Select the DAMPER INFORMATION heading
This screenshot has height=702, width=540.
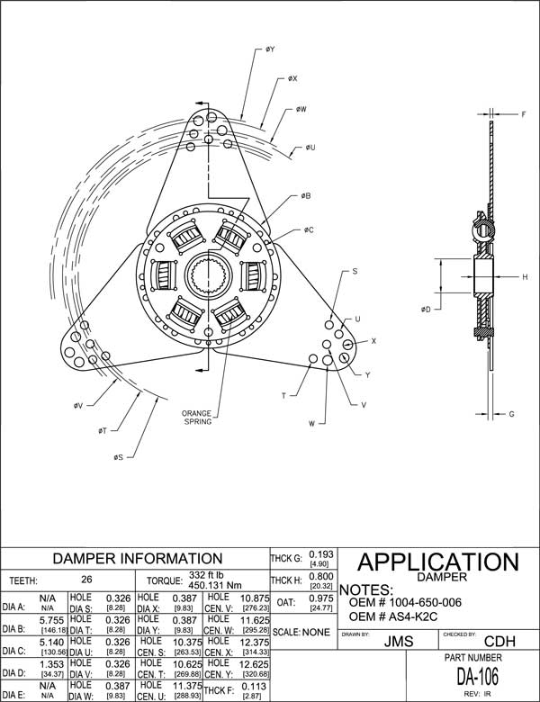click(135, 558)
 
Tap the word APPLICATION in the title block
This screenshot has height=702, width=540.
click(438, 562)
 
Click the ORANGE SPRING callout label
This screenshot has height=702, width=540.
click(197, 417)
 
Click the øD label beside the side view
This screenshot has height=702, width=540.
click(425, 309)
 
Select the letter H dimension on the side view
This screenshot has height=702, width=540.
click(525, 277)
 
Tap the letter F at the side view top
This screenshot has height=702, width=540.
click(524, 114)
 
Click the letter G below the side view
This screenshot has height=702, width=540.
click(510, 414)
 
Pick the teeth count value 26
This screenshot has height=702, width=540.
click(87, 580)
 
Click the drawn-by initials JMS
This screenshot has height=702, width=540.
click(391, 643)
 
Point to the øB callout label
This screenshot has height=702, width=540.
click(306, 195)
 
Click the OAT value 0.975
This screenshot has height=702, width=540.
click(321, 598)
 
